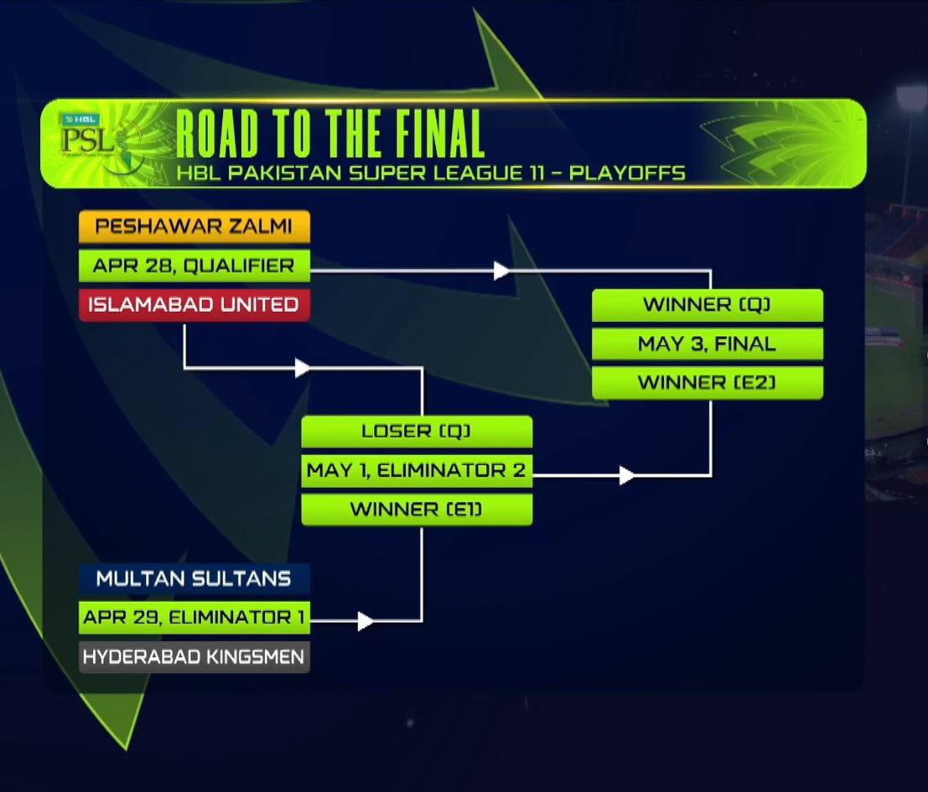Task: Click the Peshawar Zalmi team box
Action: click(x=194, y=227)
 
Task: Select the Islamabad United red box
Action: click(x=194, y=304)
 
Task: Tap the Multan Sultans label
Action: click(x=194, y=579)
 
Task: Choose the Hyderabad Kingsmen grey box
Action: click(x=194, y=657)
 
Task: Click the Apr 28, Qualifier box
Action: click(x=194, y=266)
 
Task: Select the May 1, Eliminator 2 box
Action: click(x=417, y=471)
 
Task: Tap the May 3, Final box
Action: click(x=707, y=344)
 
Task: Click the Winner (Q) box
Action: click(x=707, y=305)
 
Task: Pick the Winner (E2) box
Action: click(x=707, y=383)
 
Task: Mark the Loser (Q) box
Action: click(x=417, y=432)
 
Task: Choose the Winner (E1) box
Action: click(x=417, y=510)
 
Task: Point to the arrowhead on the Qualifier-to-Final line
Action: click(x=501, y=270)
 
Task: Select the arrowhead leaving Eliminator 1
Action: click(x=365, y=621)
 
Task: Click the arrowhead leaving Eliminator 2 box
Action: click(x=626, y=476)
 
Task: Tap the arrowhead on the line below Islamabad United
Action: click(x=303, y=367)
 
